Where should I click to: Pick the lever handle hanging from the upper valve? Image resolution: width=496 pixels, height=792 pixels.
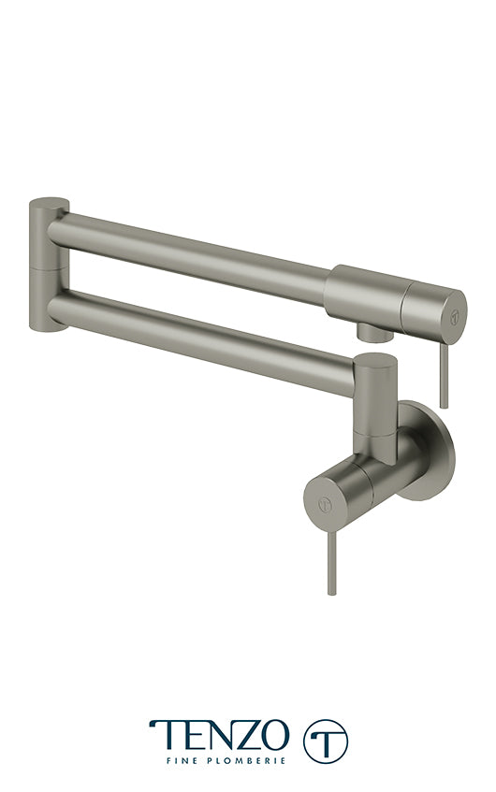point(443,374)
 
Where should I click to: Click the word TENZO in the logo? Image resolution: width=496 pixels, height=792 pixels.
point(220,735)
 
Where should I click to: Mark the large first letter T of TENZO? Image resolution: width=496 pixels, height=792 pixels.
point(163,735)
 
